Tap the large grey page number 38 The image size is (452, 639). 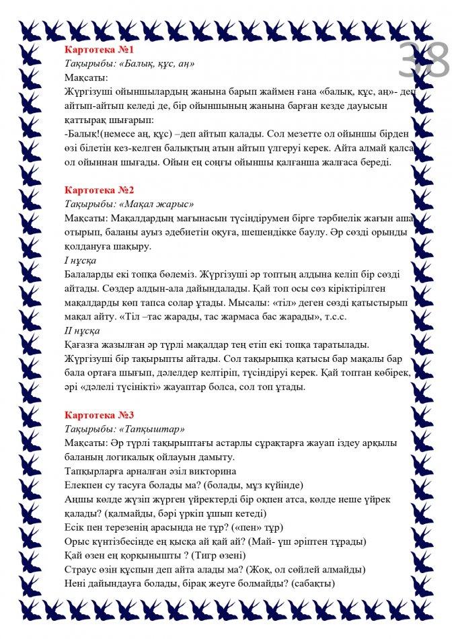click(422, 62)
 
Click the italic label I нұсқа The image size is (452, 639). click(80, 260)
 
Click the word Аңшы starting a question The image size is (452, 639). click(78, 499)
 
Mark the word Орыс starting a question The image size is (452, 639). click(77, 541)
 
